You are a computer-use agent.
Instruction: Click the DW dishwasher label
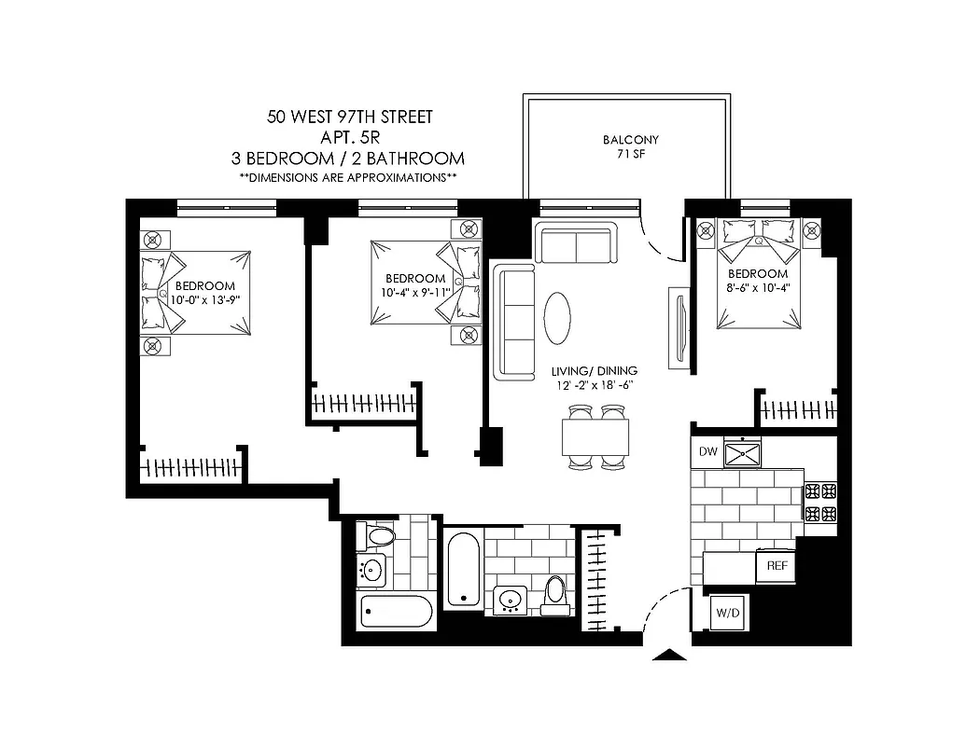(x=707, y=452)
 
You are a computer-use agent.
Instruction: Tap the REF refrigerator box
(x=776, y=566)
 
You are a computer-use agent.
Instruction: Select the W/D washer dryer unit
(x=726, y=614)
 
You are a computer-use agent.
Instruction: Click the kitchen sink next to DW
(x=744, y=453)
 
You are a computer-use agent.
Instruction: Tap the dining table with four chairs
(x=595, y=435)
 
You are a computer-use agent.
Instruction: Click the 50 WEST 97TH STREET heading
(x=349, y=117)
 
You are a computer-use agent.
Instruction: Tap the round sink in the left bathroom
(x=373, y=569)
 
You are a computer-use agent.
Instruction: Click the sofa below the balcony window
(x=575, y=244)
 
